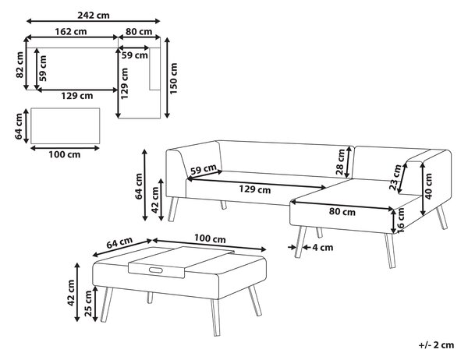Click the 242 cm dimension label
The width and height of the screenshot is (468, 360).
pyautogui.click(x=94, y=16)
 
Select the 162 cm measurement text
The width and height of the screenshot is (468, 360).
pyautogui.click(x=71, y=31)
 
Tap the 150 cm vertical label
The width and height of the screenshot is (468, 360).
pyautogui.click(x=173, y=79)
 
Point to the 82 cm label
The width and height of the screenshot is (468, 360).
pyautogui.click(x=19, y=65)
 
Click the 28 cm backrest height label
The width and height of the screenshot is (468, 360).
pyautogui.click(x=340, y=162)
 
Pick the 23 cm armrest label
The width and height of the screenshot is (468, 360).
pyautogui.click(x=395, y=177)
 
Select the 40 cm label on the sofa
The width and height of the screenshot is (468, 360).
pyautogui.click(x=428, y=186)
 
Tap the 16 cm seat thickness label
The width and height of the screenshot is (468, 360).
pyautogui.click(x=401, y=220)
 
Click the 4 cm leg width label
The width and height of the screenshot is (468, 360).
pyautogui.click(x=322, y=248)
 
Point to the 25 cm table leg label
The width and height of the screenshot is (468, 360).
pyautogui.click(x=88, y=303)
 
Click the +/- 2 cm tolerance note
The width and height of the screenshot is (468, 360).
pyautogui.click(x=436, y=345)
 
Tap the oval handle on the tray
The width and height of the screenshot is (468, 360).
pyautogui.click(x=155, y=270)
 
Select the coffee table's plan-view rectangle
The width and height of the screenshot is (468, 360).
pyautogui.click(x=65, y=126)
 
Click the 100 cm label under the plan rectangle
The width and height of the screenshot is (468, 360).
pyautogui.click(x=65, y=154)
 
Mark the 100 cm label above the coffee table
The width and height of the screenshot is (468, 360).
pyautogui.click(x=210, y=238)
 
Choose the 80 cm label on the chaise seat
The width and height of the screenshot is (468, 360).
pyautogui.click(x=342, y=211)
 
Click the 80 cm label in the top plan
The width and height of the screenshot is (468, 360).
pyautogui.click(x=139, y=31)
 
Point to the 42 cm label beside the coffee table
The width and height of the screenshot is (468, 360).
pyautogui.click(x=71, y=292)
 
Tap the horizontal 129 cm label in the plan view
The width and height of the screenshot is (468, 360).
pyautogui.click(x=77, y=96)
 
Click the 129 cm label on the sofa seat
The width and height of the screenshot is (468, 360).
pyautogui.click(x=254, y=189)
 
